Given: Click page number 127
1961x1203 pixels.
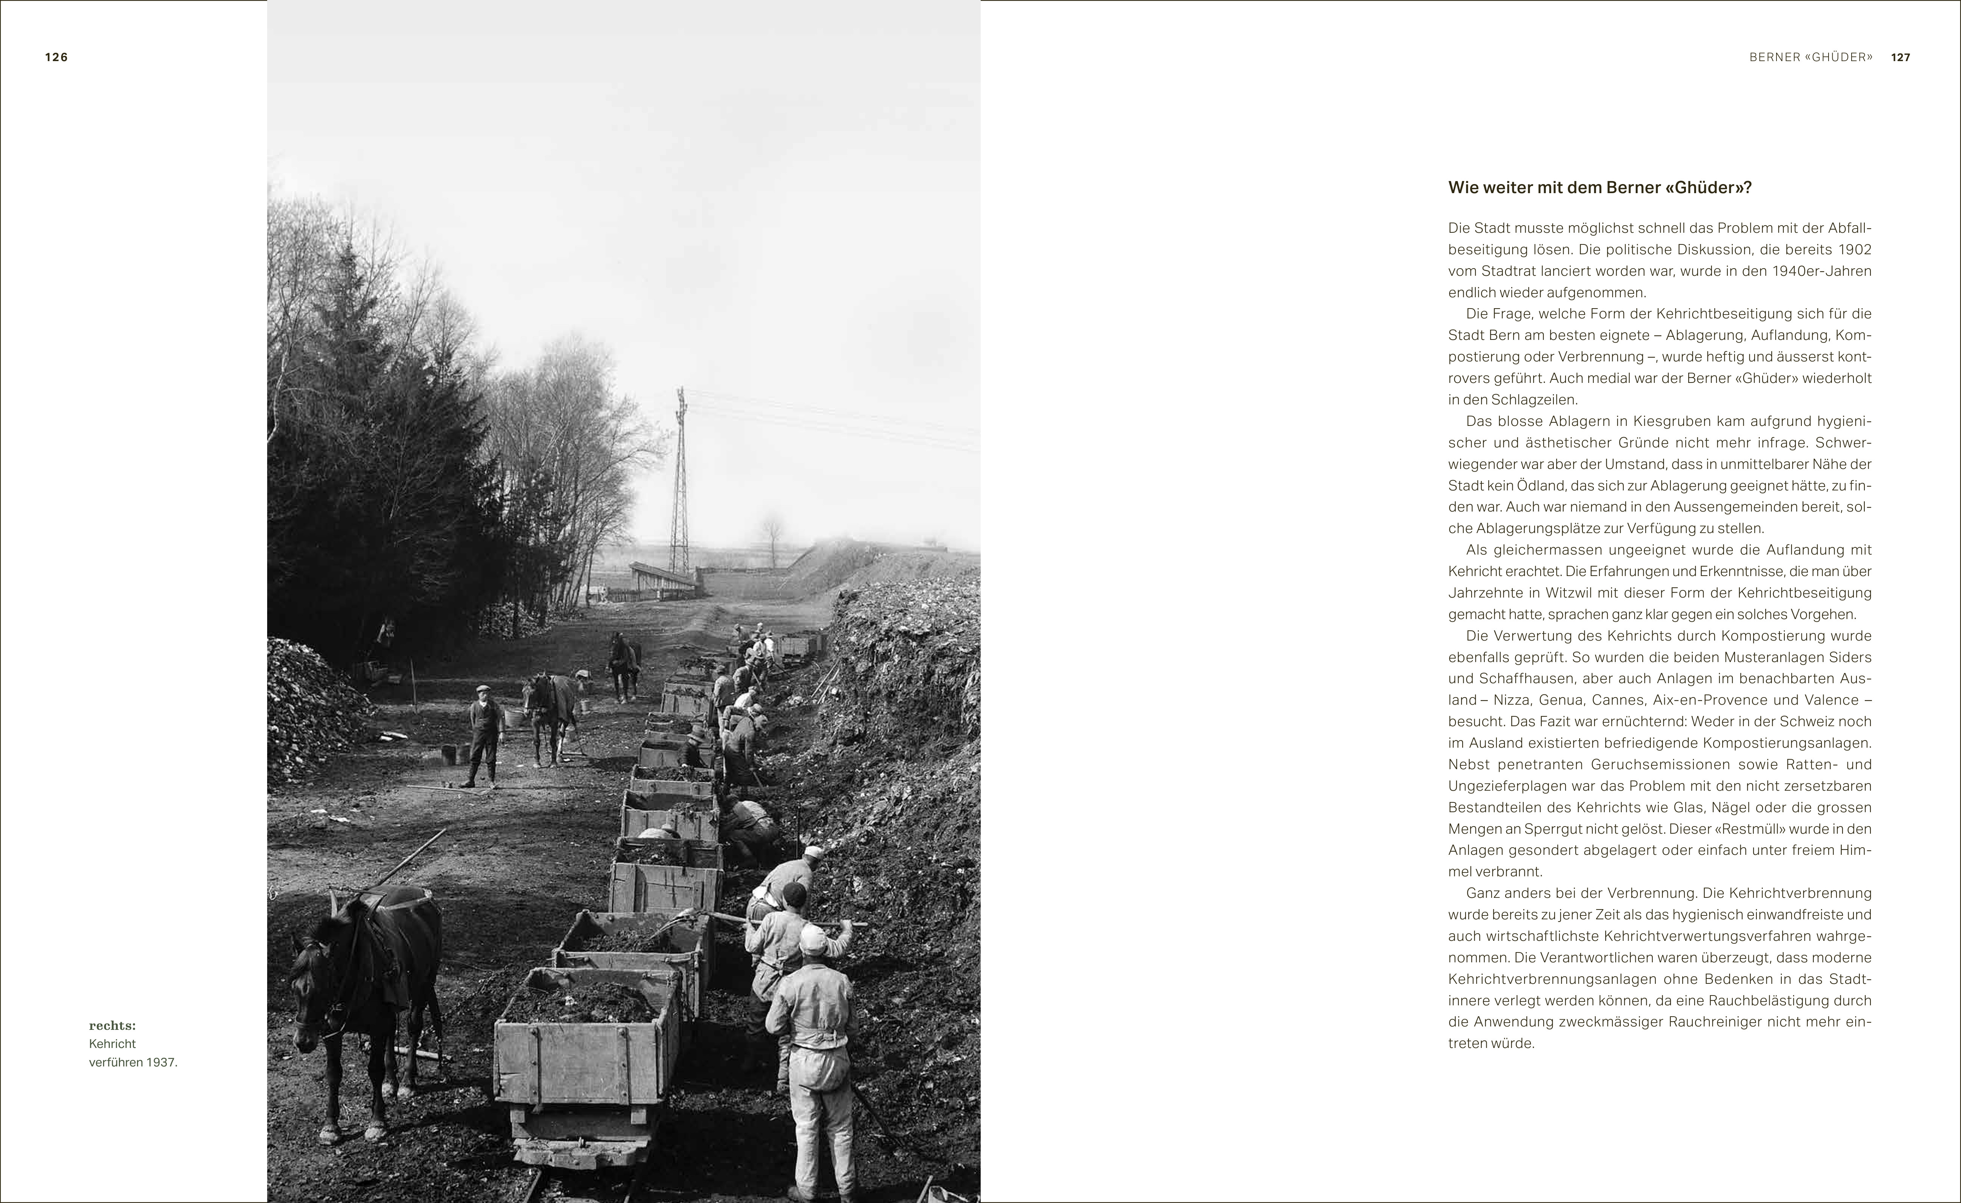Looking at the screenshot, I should coord(1901,57).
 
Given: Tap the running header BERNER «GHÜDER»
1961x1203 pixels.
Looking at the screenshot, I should coord(1810,57).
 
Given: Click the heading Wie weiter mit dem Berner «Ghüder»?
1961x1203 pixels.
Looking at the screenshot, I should coord(1600,188).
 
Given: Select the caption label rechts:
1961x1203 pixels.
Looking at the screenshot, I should coord(112,1026).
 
